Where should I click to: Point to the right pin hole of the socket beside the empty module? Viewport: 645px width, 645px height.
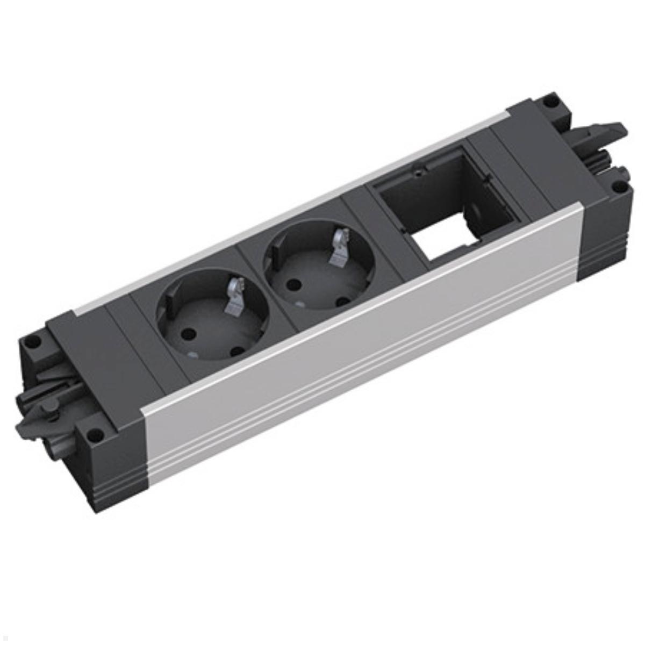341,302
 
